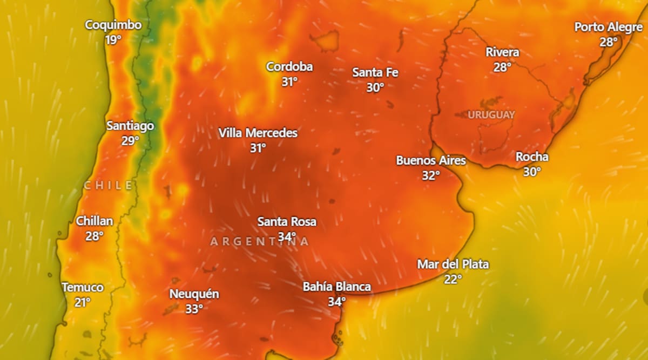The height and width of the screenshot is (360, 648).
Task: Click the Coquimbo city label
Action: (x=113, y=25)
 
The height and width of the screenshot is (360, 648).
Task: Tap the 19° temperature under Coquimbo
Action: (x=113, y=39)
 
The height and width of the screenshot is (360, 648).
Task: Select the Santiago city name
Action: (x=130, y=126)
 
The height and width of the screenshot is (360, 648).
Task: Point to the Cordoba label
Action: (x=289, y=67)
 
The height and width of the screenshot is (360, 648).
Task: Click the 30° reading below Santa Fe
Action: (x=375, y=87)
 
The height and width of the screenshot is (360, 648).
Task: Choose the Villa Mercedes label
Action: (x=258, y=133)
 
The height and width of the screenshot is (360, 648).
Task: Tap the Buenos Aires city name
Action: (x=430, y=160)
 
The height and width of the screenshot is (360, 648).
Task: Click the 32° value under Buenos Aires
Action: (x=430, y=175)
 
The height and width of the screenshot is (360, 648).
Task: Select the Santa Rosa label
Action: (x=287, y=222)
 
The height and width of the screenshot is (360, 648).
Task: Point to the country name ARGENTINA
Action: (x=260, y=241)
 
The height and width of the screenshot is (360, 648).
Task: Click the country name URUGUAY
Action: (x=491, y=115)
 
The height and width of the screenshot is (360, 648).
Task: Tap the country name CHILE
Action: (x=108, y=186)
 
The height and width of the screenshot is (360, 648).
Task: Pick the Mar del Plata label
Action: (x=453, y=264)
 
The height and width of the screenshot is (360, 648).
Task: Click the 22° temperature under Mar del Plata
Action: (x=453, y=279)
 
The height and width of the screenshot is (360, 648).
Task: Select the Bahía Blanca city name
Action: (x=336, y=287)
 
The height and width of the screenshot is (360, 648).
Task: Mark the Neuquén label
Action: (x=194, y=294)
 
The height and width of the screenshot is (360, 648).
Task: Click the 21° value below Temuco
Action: (x=82, y=302)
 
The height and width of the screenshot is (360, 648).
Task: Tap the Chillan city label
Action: (x=94, y=221)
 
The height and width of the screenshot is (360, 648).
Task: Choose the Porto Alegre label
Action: (x=608, y=27)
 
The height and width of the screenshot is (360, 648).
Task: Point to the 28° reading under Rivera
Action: (x=502, y=67)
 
